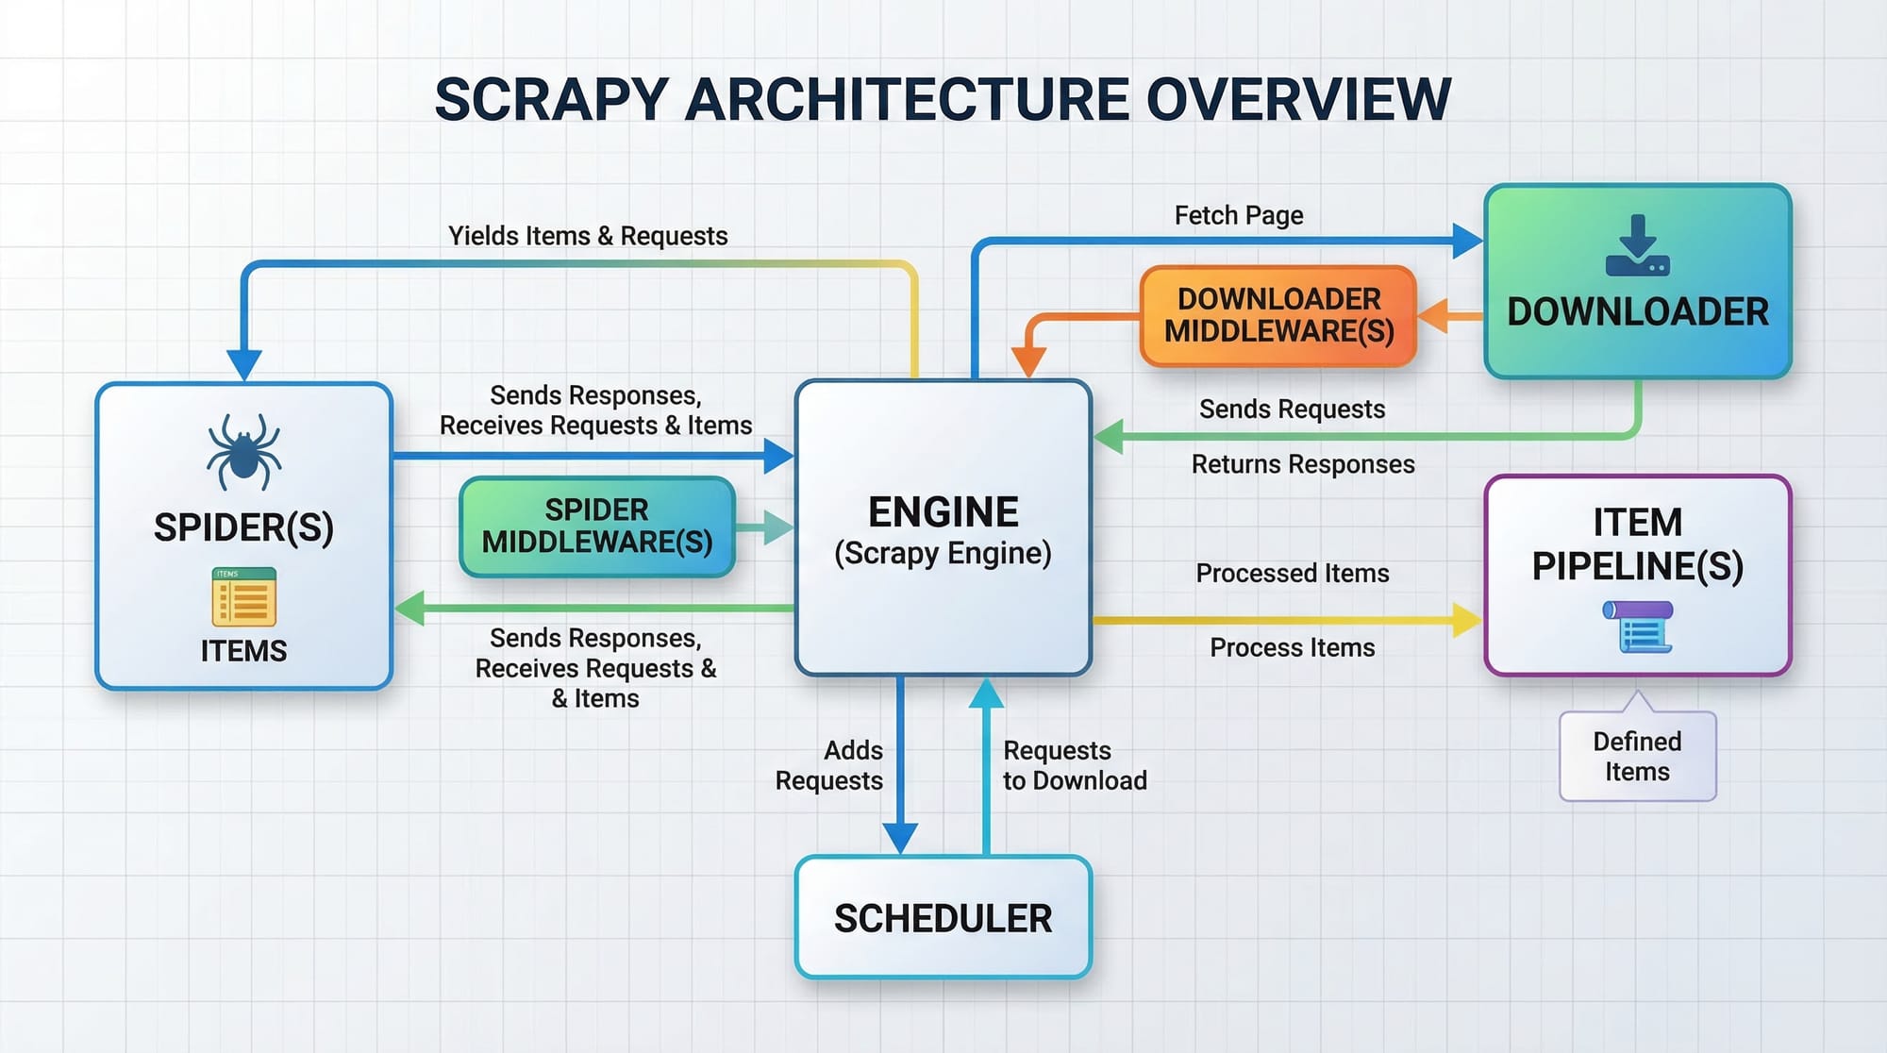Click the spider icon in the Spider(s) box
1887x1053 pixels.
pos(243,452)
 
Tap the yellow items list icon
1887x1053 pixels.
pos(243,597)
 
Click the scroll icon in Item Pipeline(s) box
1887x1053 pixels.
pos(1637,627)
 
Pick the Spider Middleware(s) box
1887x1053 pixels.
pos(596,526)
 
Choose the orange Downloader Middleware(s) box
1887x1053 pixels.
pos(1278,315)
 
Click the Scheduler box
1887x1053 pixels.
pos(943,917)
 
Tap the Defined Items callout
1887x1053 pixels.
pos(1637,757)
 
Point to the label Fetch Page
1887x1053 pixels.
pos(1238,215)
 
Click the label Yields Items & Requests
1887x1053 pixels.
pos(588,236)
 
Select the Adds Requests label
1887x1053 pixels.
pos(829,765)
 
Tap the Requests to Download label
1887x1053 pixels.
pos(1075,765)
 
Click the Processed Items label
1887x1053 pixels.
pos(1292,573)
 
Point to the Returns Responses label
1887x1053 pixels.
pos(1302,464)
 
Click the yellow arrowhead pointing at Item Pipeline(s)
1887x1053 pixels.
pos(1466,620)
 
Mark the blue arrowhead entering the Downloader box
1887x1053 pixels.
pos(1466,241)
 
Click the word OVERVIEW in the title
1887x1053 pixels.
pos(1298,100)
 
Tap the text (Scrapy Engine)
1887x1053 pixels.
pos(943,553)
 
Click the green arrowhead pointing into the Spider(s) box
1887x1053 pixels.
pos(409,608)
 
